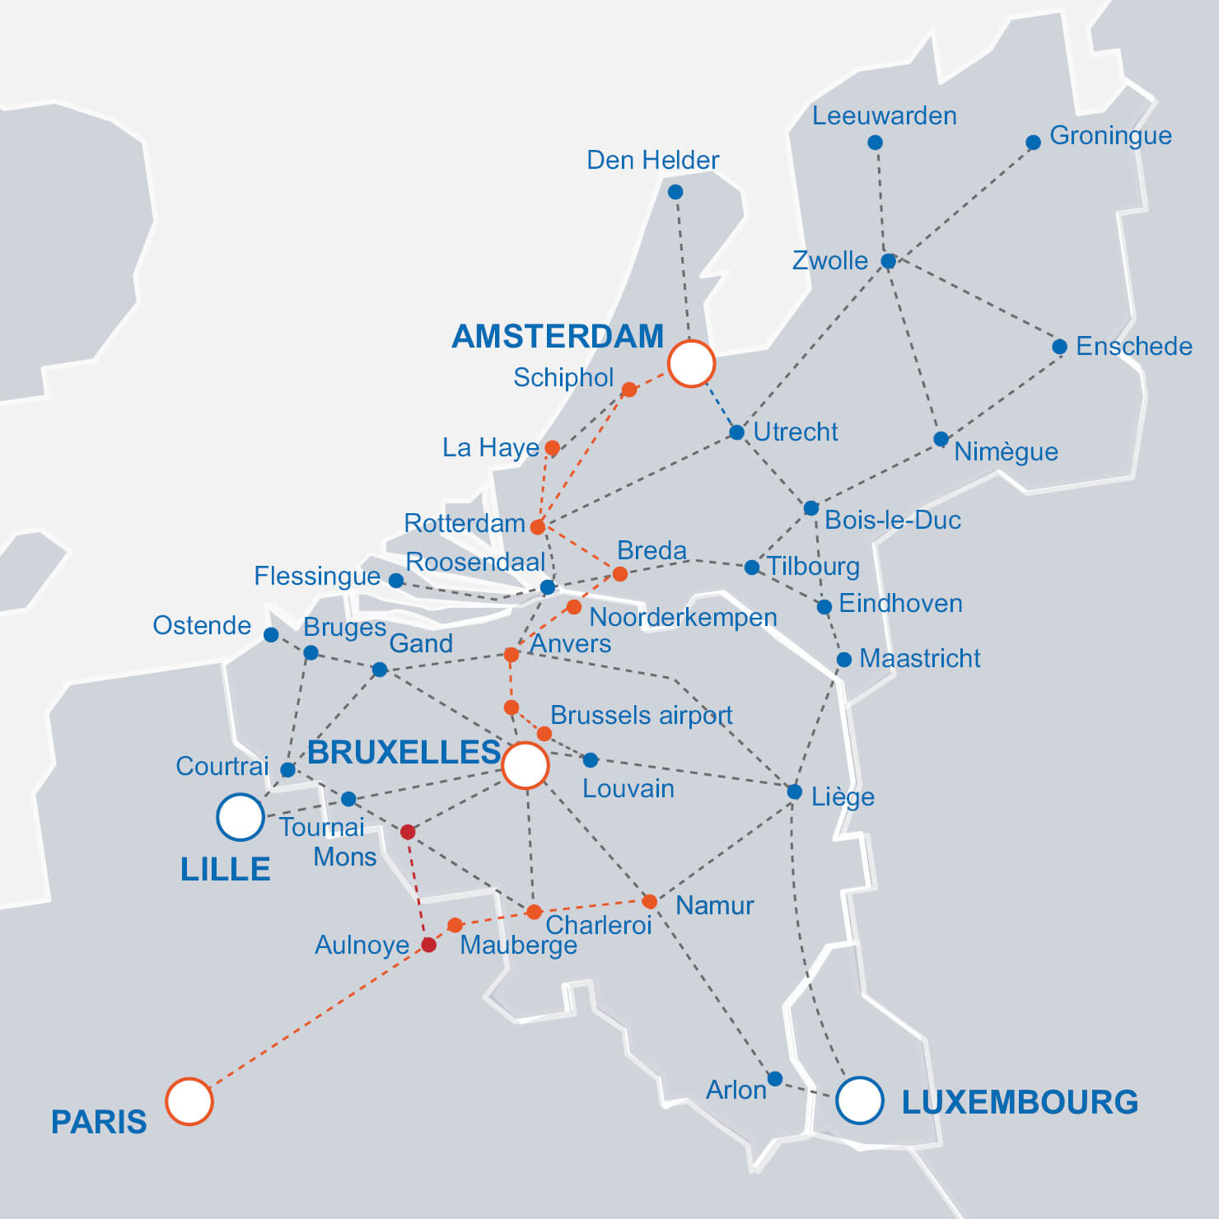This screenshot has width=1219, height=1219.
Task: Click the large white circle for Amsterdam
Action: pos(691,363)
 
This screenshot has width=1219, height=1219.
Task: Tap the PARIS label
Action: pos(99,1122)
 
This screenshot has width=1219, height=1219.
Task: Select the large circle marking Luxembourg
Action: pos(860,1100)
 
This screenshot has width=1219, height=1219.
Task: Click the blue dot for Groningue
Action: pos(1033,142)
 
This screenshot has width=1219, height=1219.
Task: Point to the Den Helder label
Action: pos(652,160)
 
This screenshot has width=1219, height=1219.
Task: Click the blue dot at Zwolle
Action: pos(888,261)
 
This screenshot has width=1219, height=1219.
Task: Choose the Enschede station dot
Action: pos(1060,347)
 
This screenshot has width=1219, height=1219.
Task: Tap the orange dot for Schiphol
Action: pos(629,390)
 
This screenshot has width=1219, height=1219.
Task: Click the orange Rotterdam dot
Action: pos(538,526)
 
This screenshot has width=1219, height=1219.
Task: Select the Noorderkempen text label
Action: pos(683,617)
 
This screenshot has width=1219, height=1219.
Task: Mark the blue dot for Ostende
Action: pos(271,634)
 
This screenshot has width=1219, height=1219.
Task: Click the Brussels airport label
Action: pos(641,715)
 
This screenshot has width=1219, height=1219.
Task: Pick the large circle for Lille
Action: pos(240,817)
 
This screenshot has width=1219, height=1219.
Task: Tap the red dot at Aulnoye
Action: pos(428,945)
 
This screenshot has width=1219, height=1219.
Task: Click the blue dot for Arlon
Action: pos(775,1079)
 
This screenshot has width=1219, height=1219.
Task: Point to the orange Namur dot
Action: pos(650,902)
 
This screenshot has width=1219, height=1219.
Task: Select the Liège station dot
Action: pos(794,792)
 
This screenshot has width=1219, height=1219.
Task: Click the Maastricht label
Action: pos(919,658)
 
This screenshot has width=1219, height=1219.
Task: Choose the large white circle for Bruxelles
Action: pos(525,765)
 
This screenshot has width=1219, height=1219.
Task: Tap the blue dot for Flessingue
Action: pos(396,581)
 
